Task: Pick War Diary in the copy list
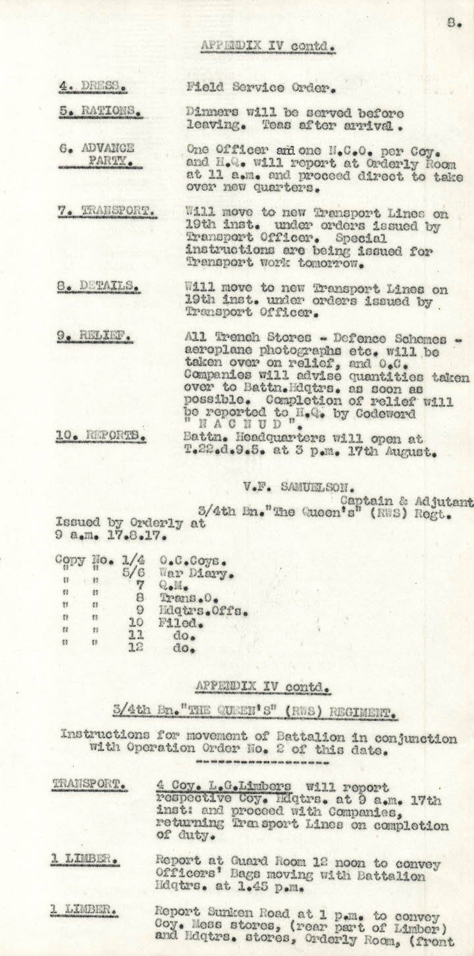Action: pyautogui.click(x=196, y=574)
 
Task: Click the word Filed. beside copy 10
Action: pyautogui.click(x=182, y=623)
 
